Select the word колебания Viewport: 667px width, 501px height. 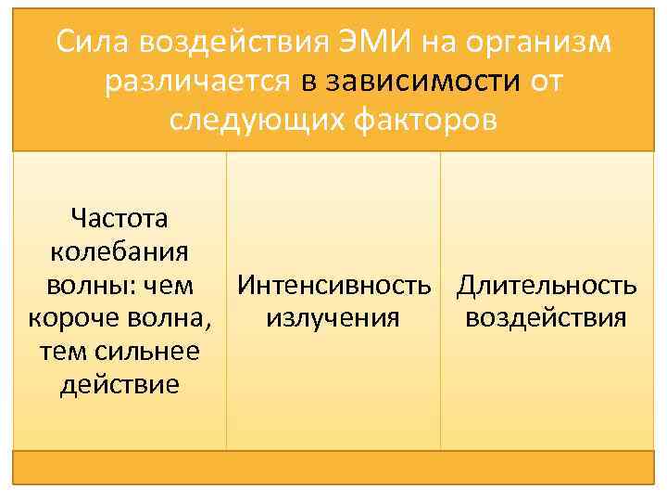click(119, 251)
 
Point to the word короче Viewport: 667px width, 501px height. click(69, 318)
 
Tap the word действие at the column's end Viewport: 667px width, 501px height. click(119, 384)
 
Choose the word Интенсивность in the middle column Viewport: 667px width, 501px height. click(333, 285)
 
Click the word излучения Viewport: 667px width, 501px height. click(333, 318)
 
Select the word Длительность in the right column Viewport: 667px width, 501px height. click(547, 285)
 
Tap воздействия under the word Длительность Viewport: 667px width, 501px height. click(547, 318)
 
